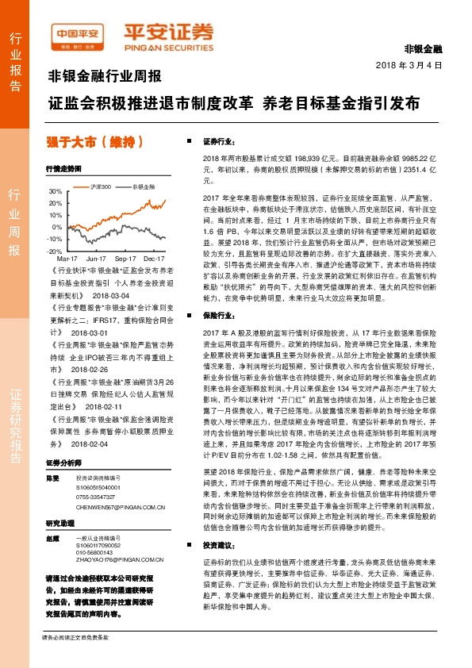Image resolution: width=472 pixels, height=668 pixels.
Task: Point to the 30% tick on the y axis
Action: point(55,192)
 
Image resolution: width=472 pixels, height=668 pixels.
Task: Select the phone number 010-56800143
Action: point(97,553)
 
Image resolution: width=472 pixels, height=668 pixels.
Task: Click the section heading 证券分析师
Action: point(65,463)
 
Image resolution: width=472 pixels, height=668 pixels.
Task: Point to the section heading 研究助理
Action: point(60,523)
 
